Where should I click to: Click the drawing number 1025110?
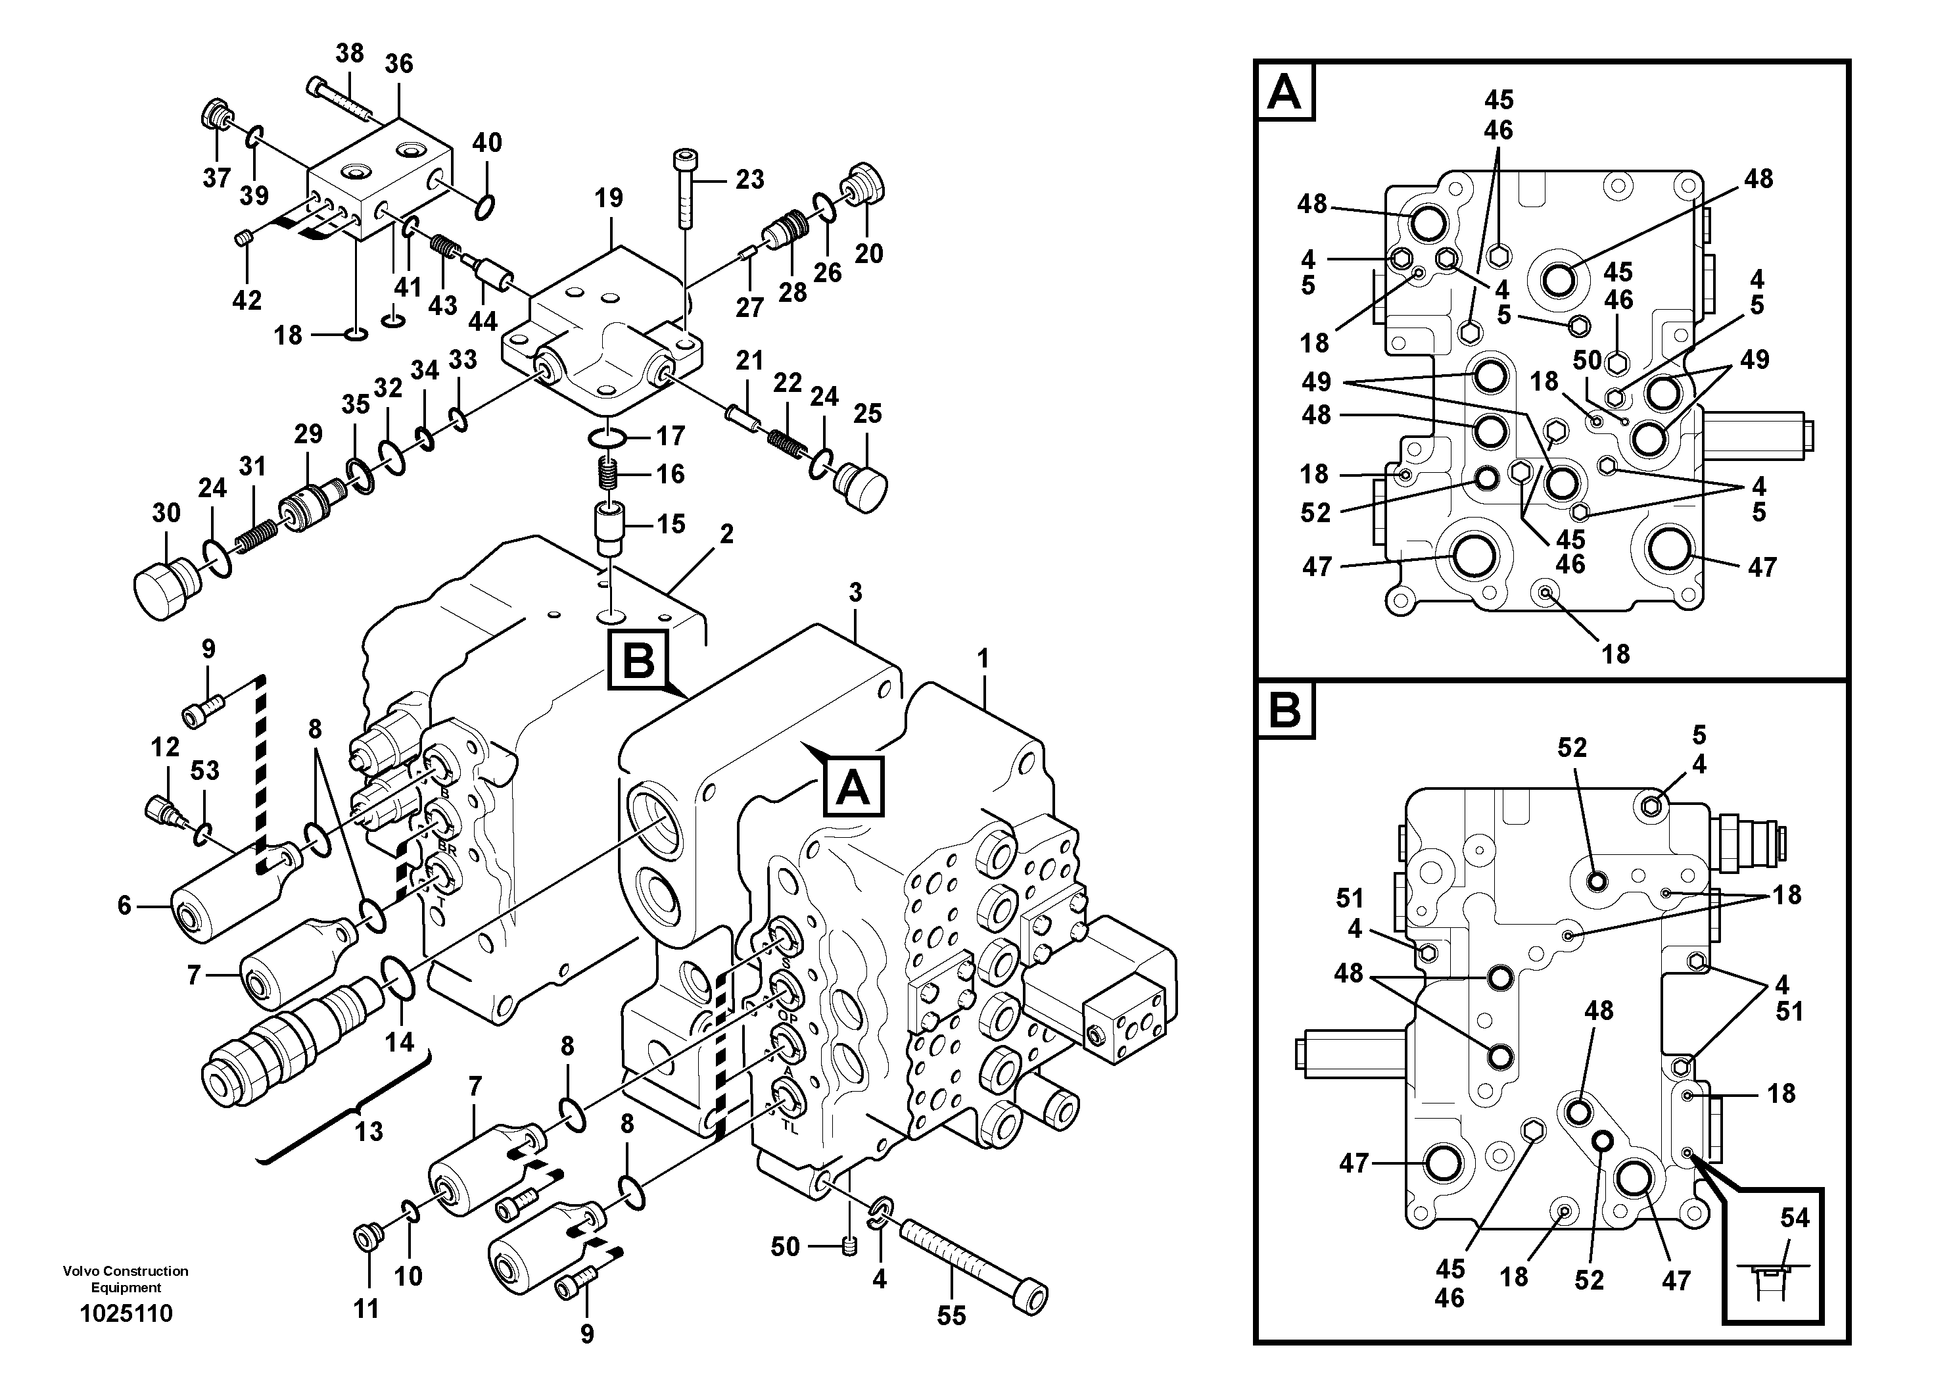126,1313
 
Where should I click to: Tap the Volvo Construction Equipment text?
126,1279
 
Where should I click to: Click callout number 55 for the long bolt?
951,1316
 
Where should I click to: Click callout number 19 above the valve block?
609,198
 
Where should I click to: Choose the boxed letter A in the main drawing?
853,787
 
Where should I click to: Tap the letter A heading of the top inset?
1285,91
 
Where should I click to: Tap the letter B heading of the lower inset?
1285,710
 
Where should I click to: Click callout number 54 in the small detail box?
1794,1217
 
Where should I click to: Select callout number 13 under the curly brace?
369,1132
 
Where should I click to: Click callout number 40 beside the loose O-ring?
488,143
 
